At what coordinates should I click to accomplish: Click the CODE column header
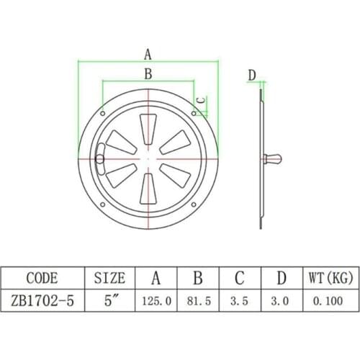click(x=41, y=278)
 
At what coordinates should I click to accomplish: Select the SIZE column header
click(x=109, y=278)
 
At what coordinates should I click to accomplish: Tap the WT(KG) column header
click(x=321, y=278)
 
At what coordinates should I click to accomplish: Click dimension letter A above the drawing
click(x=148, y=53)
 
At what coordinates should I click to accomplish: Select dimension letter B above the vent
click(x=148, y=73)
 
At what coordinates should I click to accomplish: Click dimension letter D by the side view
click(x=252, y=75)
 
